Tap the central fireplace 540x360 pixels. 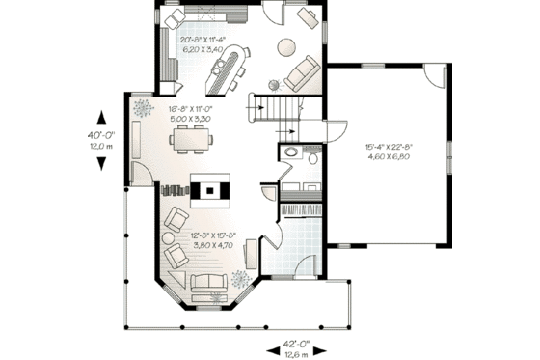click(209, 190)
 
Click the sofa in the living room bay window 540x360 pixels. click(209, 281)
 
